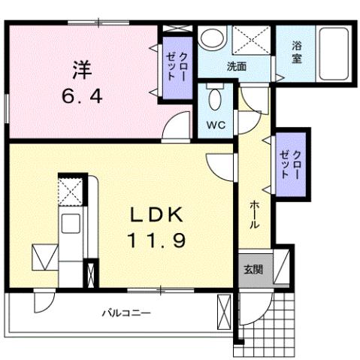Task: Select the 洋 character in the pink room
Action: click(82, 69)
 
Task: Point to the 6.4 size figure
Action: click(82, 95)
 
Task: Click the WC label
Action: click(216, 125)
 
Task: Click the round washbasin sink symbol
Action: click(213, 38)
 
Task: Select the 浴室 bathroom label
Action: click(298, 53)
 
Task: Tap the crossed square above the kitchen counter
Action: click(71, 191)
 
